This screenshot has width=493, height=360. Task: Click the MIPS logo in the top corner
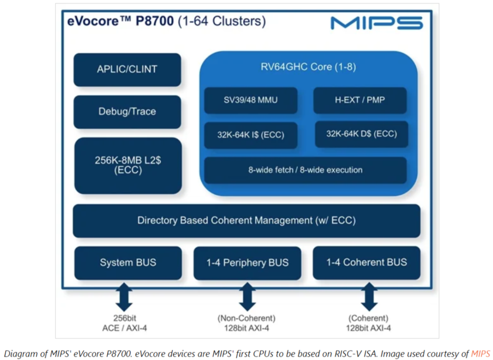pyautogui.click(x=377, y=23)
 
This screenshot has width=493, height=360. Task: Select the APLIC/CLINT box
pyautogui.click(x=127, y=69)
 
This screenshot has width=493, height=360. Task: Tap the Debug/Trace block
pyautogui.click(x=127, y=112)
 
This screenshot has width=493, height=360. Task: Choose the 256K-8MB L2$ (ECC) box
pyautogui.click(x=128, y=166)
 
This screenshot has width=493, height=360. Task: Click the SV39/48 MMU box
pyautogui.click(x=251, y=100)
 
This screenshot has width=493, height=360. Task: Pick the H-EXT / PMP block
pyautogui.click(x=360, y=100)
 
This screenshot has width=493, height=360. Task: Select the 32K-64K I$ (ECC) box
pyautogui.click(x=251, y=135)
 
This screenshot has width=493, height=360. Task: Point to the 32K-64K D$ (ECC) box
pyautogui.click(x=362, y=134)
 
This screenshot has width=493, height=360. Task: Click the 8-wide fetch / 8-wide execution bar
pyautogui.click(x=305, y=170)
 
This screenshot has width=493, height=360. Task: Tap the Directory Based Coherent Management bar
pyautogui.click(x=246, y=221)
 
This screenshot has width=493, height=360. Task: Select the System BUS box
pyautogui.click(x=128, y=263)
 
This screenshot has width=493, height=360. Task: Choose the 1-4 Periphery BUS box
pyautogui.click(x=247, y=263)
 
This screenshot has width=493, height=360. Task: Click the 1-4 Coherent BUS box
pyautogui.click(x=367, y=263)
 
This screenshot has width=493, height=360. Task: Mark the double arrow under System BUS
pyautogui.click(x=124, y=297)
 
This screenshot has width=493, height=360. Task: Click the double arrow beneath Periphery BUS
pyautogui.click(x=247, y=297)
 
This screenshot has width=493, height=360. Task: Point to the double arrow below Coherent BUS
pyautogui.click(x=369, y=297)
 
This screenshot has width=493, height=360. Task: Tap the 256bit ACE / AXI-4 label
pyautogui.click(x=125, y=323)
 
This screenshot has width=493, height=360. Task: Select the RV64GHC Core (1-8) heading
pyautogui.click(x=308, y=67)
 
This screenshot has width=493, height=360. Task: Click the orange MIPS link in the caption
pyautogui.click(x=480, y=354)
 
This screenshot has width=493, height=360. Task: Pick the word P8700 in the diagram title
pyautogui.click(x=154, y=21)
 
